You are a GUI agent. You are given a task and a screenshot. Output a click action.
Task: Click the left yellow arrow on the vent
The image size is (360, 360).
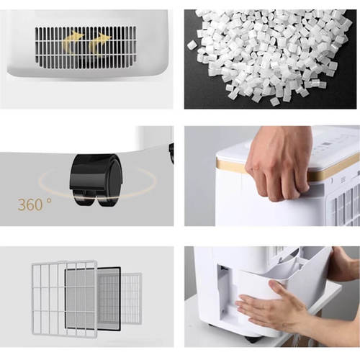click(x=72, y=41)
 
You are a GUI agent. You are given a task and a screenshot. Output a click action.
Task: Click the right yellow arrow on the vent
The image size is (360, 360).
click(x=99, y=42)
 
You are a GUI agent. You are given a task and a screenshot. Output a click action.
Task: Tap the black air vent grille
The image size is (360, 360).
click(x=86, y=48)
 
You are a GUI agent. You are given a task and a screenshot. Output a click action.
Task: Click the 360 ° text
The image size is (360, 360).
click(x=35, y=204)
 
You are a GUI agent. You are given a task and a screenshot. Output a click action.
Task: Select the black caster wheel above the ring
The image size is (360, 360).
click(x=96, y=179)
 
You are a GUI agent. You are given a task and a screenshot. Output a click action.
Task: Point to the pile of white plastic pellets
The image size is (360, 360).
click(x=271, y=55)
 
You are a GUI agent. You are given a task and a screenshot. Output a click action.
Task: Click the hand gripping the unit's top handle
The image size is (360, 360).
click(x=279, y=163)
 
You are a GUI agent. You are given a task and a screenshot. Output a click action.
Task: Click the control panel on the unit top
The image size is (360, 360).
click(x=336, y=144)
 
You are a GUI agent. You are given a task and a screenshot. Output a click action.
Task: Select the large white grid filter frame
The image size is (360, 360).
click(x=64, y=298)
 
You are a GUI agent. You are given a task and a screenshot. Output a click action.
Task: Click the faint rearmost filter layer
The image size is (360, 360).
click(x=132, y=298)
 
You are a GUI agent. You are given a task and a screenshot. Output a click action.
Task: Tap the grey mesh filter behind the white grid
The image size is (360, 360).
click(x=81, y=299)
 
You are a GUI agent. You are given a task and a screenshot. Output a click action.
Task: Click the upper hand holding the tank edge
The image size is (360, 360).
click(x=344, y=264)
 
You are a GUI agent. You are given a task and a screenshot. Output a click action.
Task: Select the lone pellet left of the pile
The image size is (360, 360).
click(x=192, y=45)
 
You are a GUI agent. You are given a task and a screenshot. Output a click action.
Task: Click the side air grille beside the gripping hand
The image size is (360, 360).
click(x=346, y=207)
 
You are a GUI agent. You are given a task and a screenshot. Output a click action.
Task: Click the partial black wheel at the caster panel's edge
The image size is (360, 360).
click(x=171, y=153)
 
